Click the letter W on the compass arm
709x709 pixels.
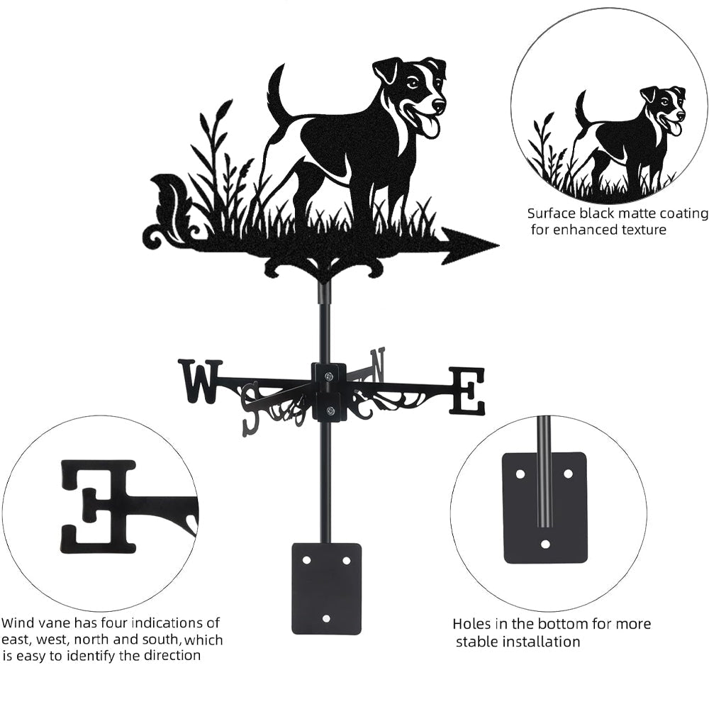tap(200, 380)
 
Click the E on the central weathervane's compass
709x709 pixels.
tap(467, 391)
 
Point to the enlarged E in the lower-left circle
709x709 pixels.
tap(99, 506)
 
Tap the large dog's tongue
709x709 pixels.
tap(429, 126)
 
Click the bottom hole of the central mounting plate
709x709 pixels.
tap(327, 615)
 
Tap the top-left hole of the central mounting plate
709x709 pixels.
tap(307, 560)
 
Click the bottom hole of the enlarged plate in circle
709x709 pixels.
tap(545, 545)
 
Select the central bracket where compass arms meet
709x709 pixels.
tap(329, 391)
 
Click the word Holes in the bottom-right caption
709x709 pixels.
tap(471, 625)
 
